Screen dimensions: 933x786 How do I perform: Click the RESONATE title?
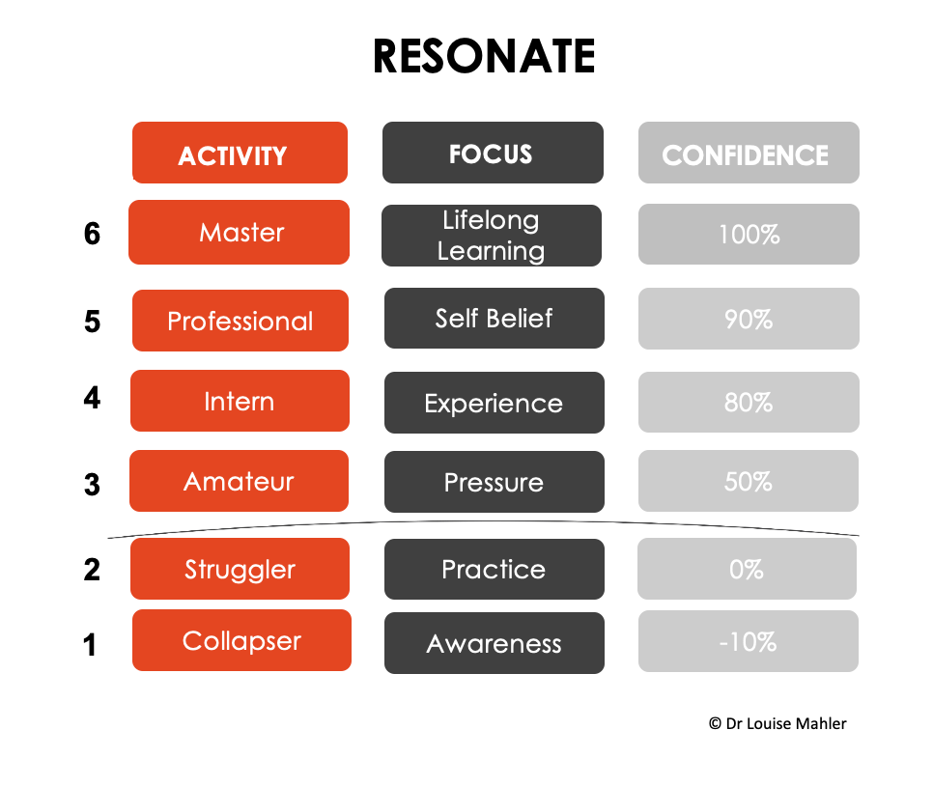click(x=484, y=56)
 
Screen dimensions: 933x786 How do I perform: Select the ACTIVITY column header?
click(x=240, y=153)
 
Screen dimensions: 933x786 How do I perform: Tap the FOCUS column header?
click(x=493, y=153)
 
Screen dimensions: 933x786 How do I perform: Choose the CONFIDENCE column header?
click(x=749, y=153)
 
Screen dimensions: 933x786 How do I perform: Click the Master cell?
click(x=240, y=232)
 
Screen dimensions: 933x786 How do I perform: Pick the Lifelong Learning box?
click(x=492, y=236)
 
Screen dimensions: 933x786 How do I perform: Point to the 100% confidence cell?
click(x=749, y=234)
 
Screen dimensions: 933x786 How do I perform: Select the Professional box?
click(x=240, y=321)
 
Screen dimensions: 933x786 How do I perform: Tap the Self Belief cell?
click(x=495, y=319)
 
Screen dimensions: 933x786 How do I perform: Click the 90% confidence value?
click(x=749, y=319)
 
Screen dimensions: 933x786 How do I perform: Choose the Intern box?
click(x=240, y=401)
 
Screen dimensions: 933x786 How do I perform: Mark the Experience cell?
click(x=495, y=403)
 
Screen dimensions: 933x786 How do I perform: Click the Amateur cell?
click(x=240, y=481)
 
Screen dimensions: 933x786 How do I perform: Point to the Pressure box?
click(x=495, y=482)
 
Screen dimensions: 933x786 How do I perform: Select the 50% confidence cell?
click(x=749, y=481)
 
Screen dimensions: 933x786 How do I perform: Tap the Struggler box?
click(x=240, y=569)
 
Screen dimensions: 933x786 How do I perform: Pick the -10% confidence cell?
click(x=749, y=641)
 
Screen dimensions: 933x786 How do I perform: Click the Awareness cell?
click(x=495, y=643)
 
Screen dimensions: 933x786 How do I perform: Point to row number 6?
click(x=92, y=234)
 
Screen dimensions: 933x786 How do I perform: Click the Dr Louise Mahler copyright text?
click(x=777, y=723)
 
